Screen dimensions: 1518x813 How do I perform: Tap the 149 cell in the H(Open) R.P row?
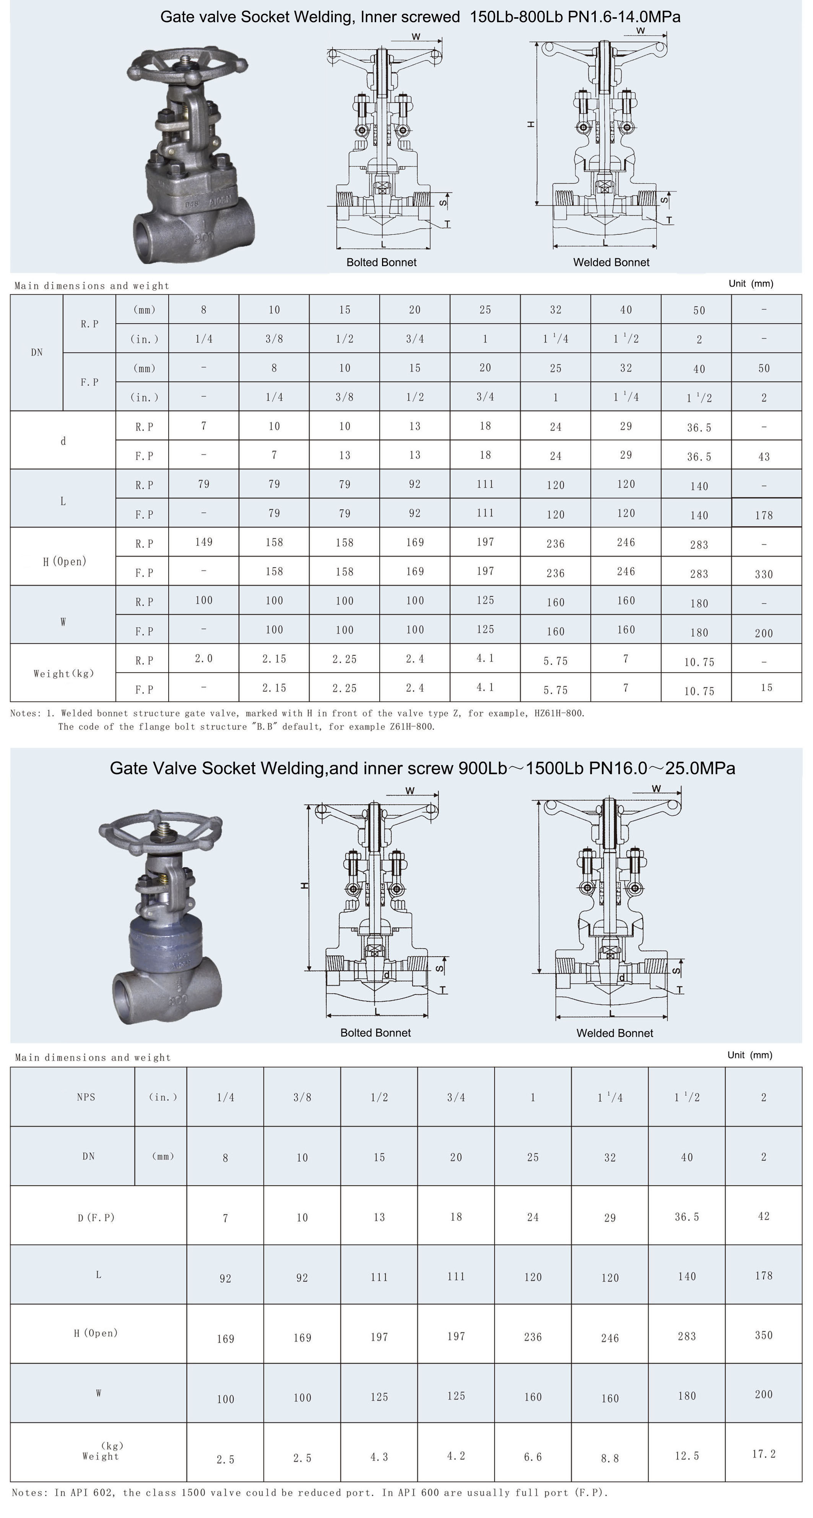pyautogui.click(x=203, y=542)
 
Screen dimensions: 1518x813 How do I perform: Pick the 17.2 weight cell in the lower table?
pyautogui.click(x=764, y=1454)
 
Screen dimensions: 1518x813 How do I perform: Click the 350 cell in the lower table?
pyautogui.click(x=764, y=1335)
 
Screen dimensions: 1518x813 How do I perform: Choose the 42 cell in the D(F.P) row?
pyautogui.click(x=764, y=1216)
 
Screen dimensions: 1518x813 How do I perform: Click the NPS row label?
pyautogui.click(x=86, y=1097)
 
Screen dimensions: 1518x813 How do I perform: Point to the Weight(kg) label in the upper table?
pyautogui.click(x=63, y=673)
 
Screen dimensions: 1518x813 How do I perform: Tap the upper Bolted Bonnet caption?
pyautogui.click(x=381, y=262)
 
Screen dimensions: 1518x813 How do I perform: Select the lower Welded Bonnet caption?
pyautogui.click(x=615, y=1033)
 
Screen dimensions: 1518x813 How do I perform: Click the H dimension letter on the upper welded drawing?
pyautogui.click(x=532, y=124)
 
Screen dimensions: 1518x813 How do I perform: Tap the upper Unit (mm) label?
pyautogui.click(x=751, y=283)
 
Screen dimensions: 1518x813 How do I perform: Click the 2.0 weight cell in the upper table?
pyautogui.click(x=203, y=658)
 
